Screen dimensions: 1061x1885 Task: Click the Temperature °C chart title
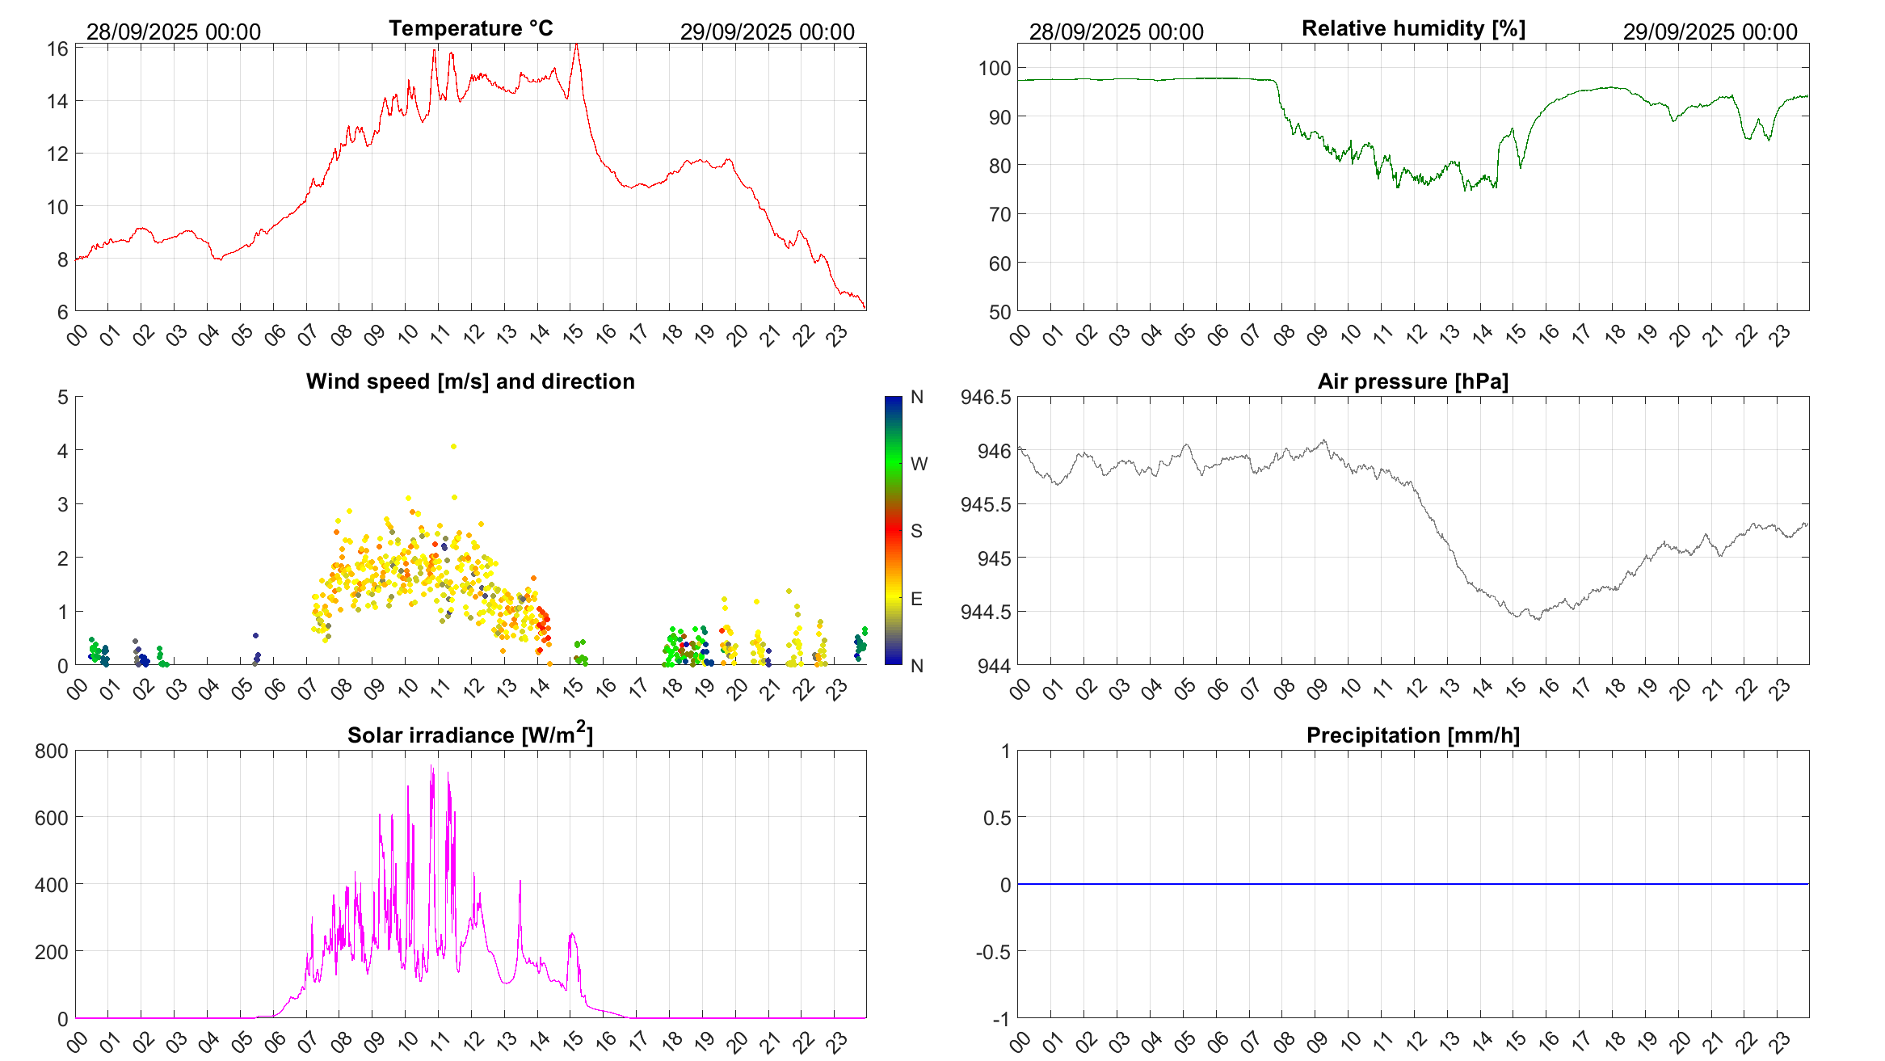[470, 28]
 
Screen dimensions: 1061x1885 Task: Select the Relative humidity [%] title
[1413, 28]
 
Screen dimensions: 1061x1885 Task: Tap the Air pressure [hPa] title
[1412, 381]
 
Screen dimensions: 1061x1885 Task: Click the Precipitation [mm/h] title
[1412, 735]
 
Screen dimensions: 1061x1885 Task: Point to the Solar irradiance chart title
[470, 735]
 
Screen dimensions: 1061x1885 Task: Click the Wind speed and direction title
[470, 381]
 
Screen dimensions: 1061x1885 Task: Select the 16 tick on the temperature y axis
[57, 49]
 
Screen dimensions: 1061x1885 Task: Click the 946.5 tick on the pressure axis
[985, 397]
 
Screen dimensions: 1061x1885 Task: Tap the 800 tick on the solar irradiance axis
[52, 751]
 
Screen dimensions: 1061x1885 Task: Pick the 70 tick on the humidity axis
[999, 214]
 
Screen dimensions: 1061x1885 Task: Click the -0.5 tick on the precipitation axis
[993, 952]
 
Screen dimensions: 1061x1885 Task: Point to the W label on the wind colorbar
[919, 464]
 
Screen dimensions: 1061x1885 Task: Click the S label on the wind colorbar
[916, 531]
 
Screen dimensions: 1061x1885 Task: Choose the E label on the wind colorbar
[916, 599]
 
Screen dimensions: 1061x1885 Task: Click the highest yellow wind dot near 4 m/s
[453, 446]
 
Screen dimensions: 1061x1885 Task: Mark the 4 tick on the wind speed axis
[62, 451]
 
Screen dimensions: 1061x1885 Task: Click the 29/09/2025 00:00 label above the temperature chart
[767, 32]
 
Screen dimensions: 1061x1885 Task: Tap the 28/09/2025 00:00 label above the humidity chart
[1116, 32]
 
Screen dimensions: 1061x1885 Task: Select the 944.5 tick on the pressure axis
[985, 612]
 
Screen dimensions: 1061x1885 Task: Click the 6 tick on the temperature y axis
[62, 312]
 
